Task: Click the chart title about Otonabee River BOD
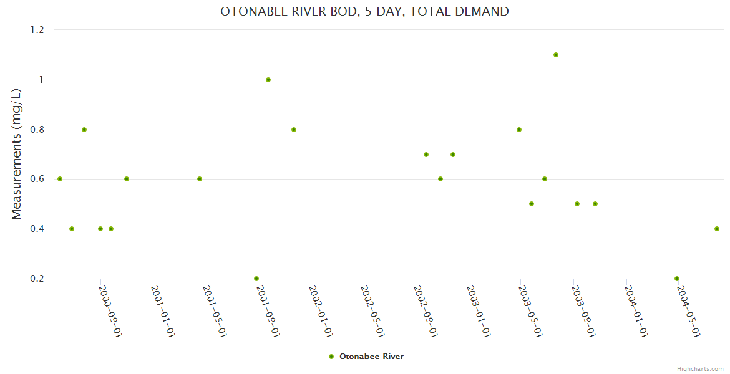coord(364,11)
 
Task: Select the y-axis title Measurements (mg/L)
coord(17,154)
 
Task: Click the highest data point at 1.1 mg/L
coord(556,55)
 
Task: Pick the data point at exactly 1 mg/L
coord(268,80)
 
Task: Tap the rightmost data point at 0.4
coord(717,229)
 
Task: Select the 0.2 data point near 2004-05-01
coord(677,279)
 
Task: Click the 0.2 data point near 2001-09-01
coord(256,279)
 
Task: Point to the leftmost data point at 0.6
coord(60,179)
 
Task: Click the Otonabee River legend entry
coord(366,357)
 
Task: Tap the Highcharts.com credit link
coord(700,368)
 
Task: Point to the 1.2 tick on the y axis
coord(39,30)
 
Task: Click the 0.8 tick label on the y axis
coord(39,130)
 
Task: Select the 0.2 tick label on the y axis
coord(39,279)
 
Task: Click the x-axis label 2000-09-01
coord(110,311)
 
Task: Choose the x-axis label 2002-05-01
coord(372,311)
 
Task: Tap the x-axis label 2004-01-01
coord(635,311)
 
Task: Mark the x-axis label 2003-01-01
coord(478,311)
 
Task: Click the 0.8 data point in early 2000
coord(84,130)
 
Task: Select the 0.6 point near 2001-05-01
coord(200,179)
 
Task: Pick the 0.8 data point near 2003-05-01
coord(519,130)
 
